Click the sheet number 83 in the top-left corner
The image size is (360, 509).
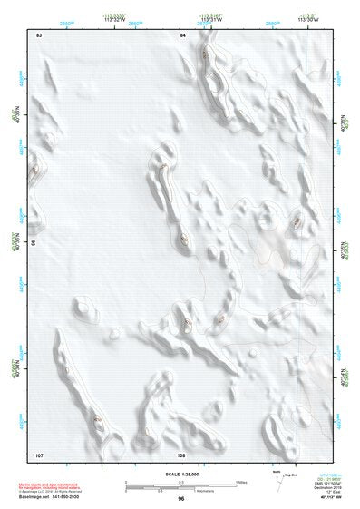39,34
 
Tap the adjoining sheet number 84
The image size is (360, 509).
183,34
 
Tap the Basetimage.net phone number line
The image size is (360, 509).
50,498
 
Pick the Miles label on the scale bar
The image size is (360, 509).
241,481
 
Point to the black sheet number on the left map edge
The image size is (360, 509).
33,244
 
